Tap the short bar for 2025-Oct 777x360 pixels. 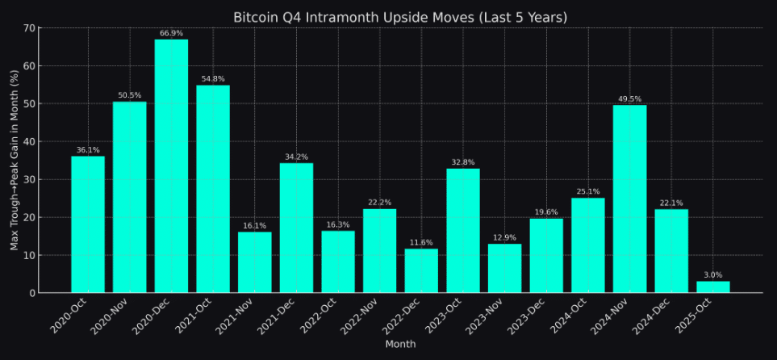pos(712,287)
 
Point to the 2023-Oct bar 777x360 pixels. pos(462,230)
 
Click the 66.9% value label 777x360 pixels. pos(171,34)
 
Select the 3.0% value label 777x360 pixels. pos(712,275)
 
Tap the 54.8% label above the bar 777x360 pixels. pos(213,79)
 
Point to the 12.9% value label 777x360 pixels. pos(504,238)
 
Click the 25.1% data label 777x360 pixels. pos(587,192)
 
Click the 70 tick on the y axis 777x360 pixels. pos(29,28)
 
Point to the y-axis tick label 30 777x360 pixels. pos(29,179)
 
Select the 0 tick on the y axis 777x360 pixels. pos(32,293)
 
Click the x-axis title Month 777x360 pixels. pos(400,345)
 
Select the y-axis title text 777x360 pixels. pos(15,160)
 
